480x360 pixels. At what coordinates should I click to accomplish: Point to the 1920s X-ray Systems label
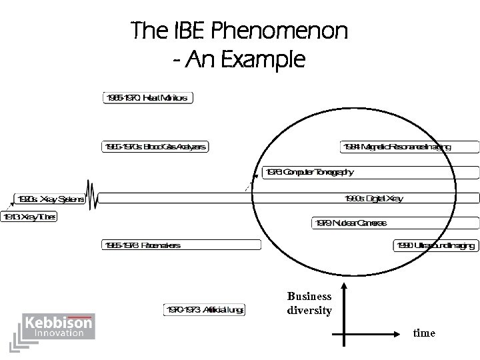(50, 199)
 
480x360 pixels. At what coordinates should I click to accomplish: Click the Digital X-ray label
(373, 198)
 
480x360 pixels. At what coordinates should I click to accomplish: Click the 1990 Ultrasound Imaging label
(436, 245)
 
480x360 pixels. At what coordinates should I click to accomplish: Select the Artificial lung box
(205, 309)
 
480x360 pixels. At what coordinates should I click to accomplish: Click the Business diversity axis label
(309, 303)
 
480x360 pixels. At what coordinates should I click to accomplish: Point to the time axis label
(424, 333)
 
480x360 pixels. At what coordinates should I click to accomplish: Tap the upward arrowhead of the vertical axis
(344, 287)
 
